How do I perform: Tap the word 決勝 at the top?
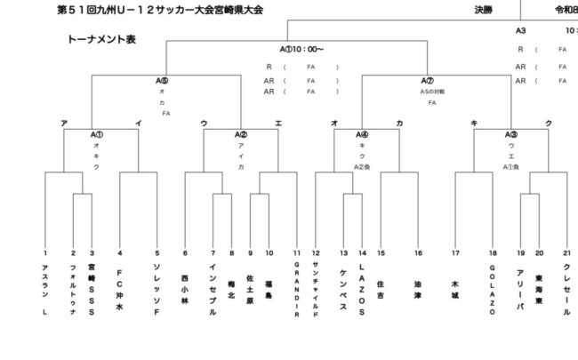click(484, 10)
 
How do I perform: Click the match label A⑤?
click(162, 80)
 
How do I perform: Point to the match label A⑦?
click(427, 80)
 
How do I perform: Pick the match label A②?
click(241, 134)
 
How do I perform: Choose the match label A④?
click(362, 134)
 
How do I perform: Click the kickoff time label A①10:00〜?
click(301, 49)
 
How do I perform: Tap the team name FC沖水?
click(120, 288)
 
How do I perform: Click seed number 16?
click(417, 253)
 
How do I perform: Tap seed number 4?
click(120, 253)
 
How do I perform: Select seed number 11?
click(297, 253)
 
